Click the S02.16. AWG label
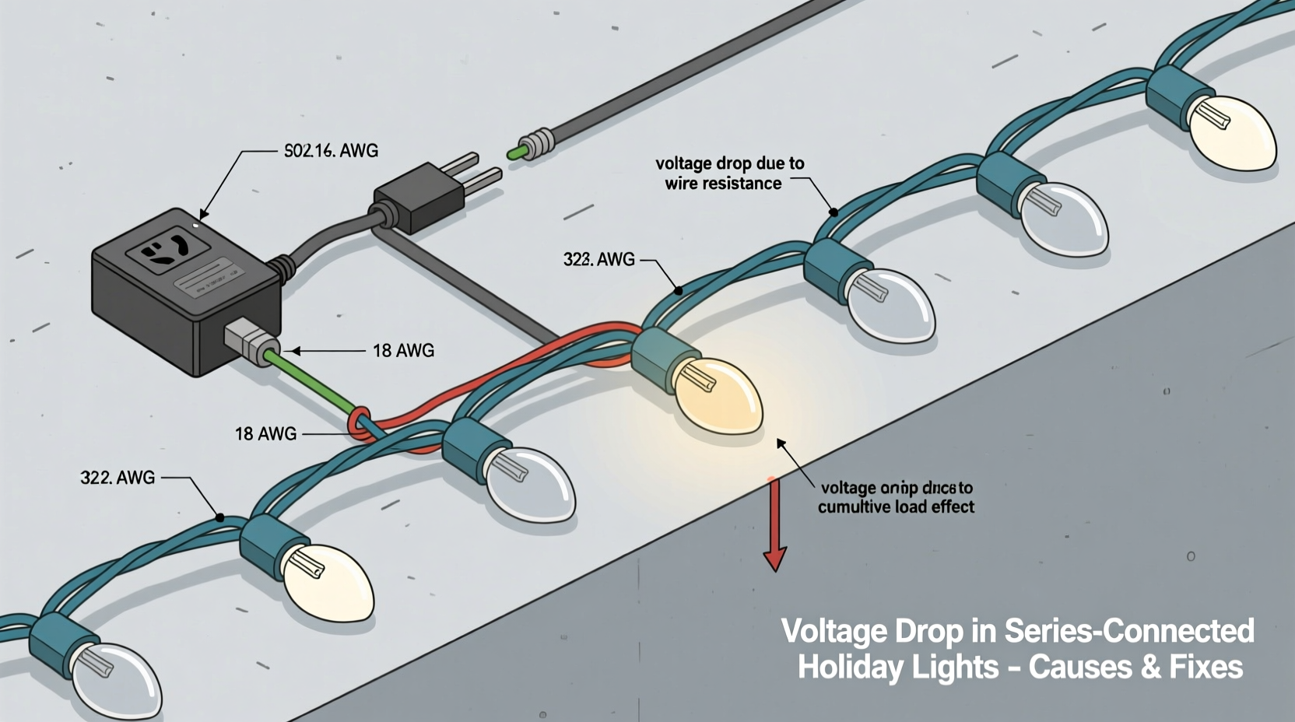(331, 151)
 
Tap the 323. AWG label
(598, 260)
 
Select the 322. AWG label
(118, 478)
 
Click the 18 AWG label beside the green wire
(403, 351)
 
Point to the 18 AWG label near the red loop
(265, 434)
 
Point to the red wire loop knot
(360, 424)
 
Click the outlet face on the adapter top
(168, 250)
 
